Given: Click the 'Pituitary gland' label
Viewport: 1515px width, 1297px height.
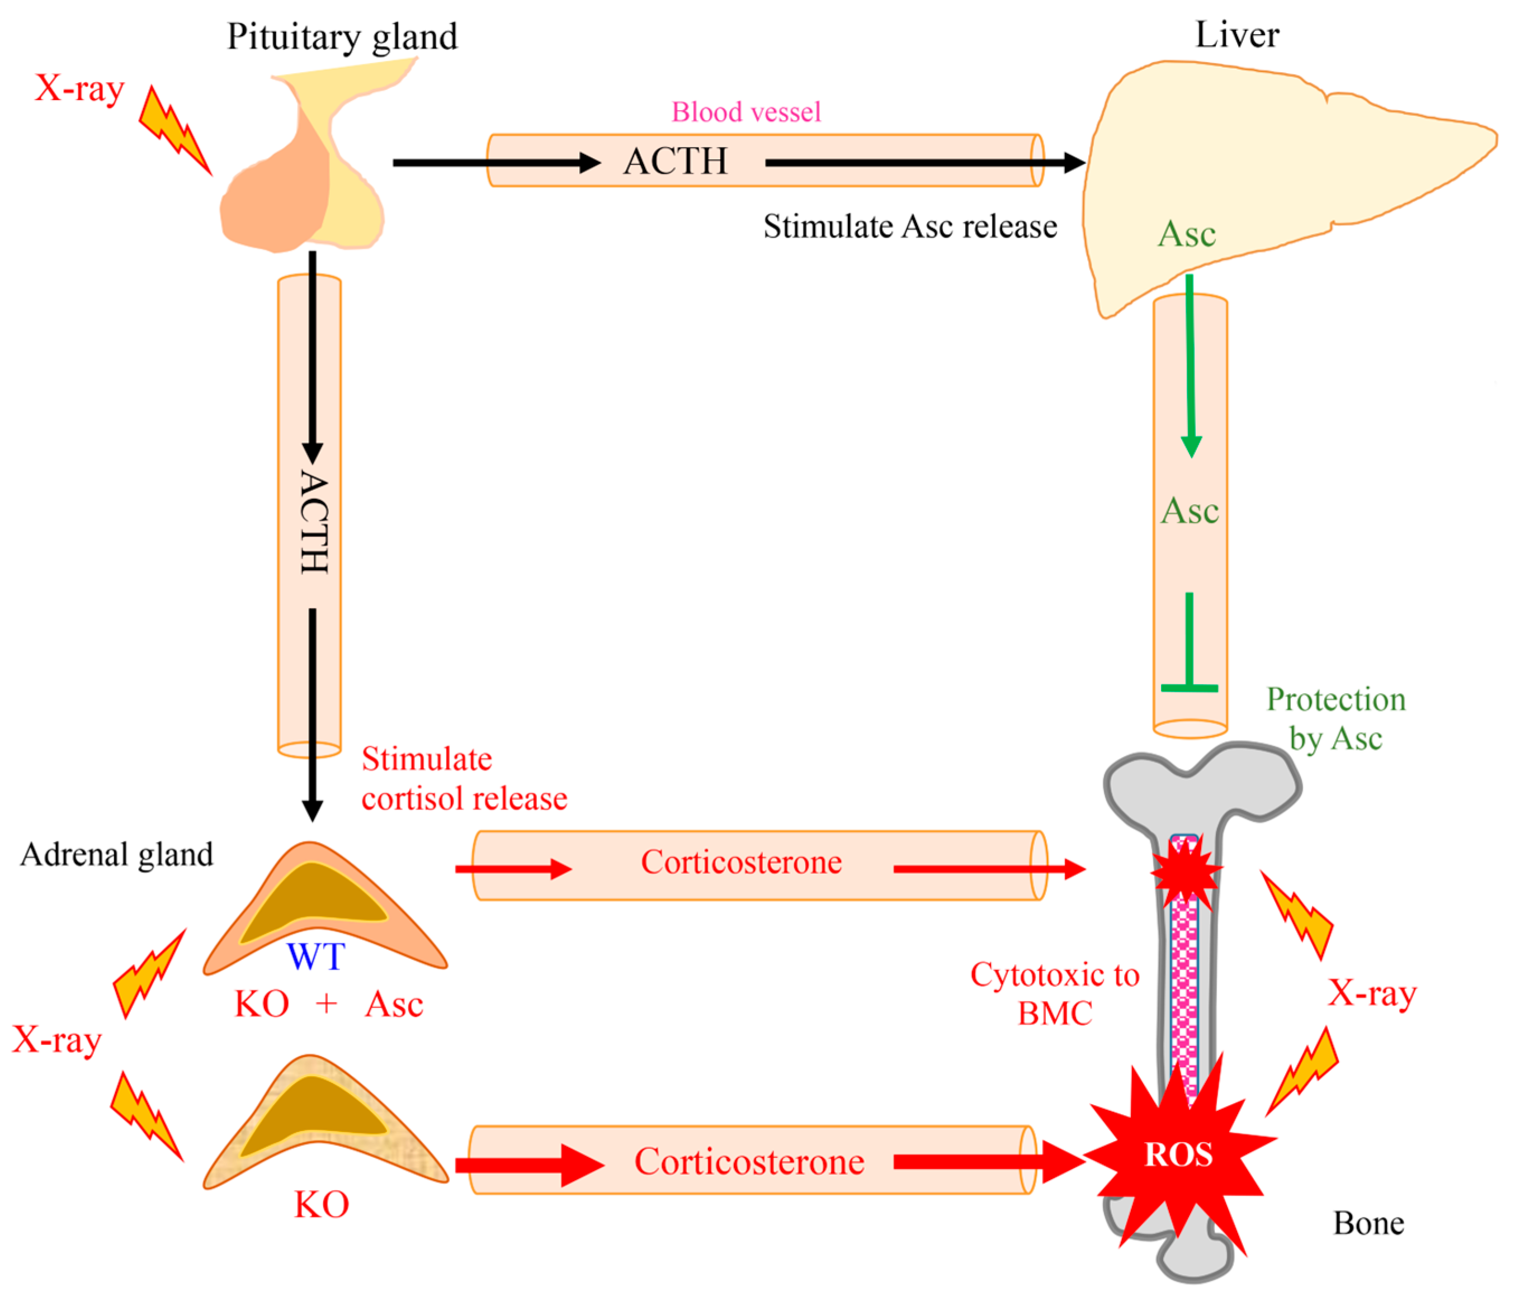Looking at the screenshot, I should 342,36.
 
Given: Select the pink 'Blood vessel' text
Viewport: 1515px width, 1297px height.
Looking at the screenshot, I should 746,112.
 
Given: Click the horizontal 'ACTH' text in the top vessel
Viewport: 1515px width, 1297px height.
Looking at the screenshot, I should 675,162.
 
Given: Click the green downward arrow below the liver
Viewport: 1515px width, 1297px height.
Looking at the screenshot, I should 1190,366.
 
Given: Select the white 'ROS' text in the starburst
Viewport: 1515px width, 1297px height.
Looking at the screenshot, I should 1177,1155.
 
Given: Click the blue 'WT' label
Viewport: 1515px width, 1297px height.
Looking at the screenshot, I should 315,957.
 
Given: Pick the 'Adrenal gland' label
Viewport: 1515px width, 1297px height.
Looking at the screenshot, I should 116,854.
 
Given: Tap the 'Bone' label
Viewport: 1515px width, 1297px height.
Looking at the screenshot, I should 1368,1223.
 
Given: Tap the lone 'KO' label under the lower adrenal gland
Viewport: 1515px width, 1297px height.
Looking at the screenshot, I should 321,1204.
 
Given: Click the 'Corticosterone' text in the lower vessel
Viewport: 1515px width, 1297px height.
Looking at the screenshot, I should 749,1162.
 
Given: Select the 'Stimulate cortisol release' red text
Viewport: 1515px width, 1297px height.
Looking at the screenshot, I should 464,779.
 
